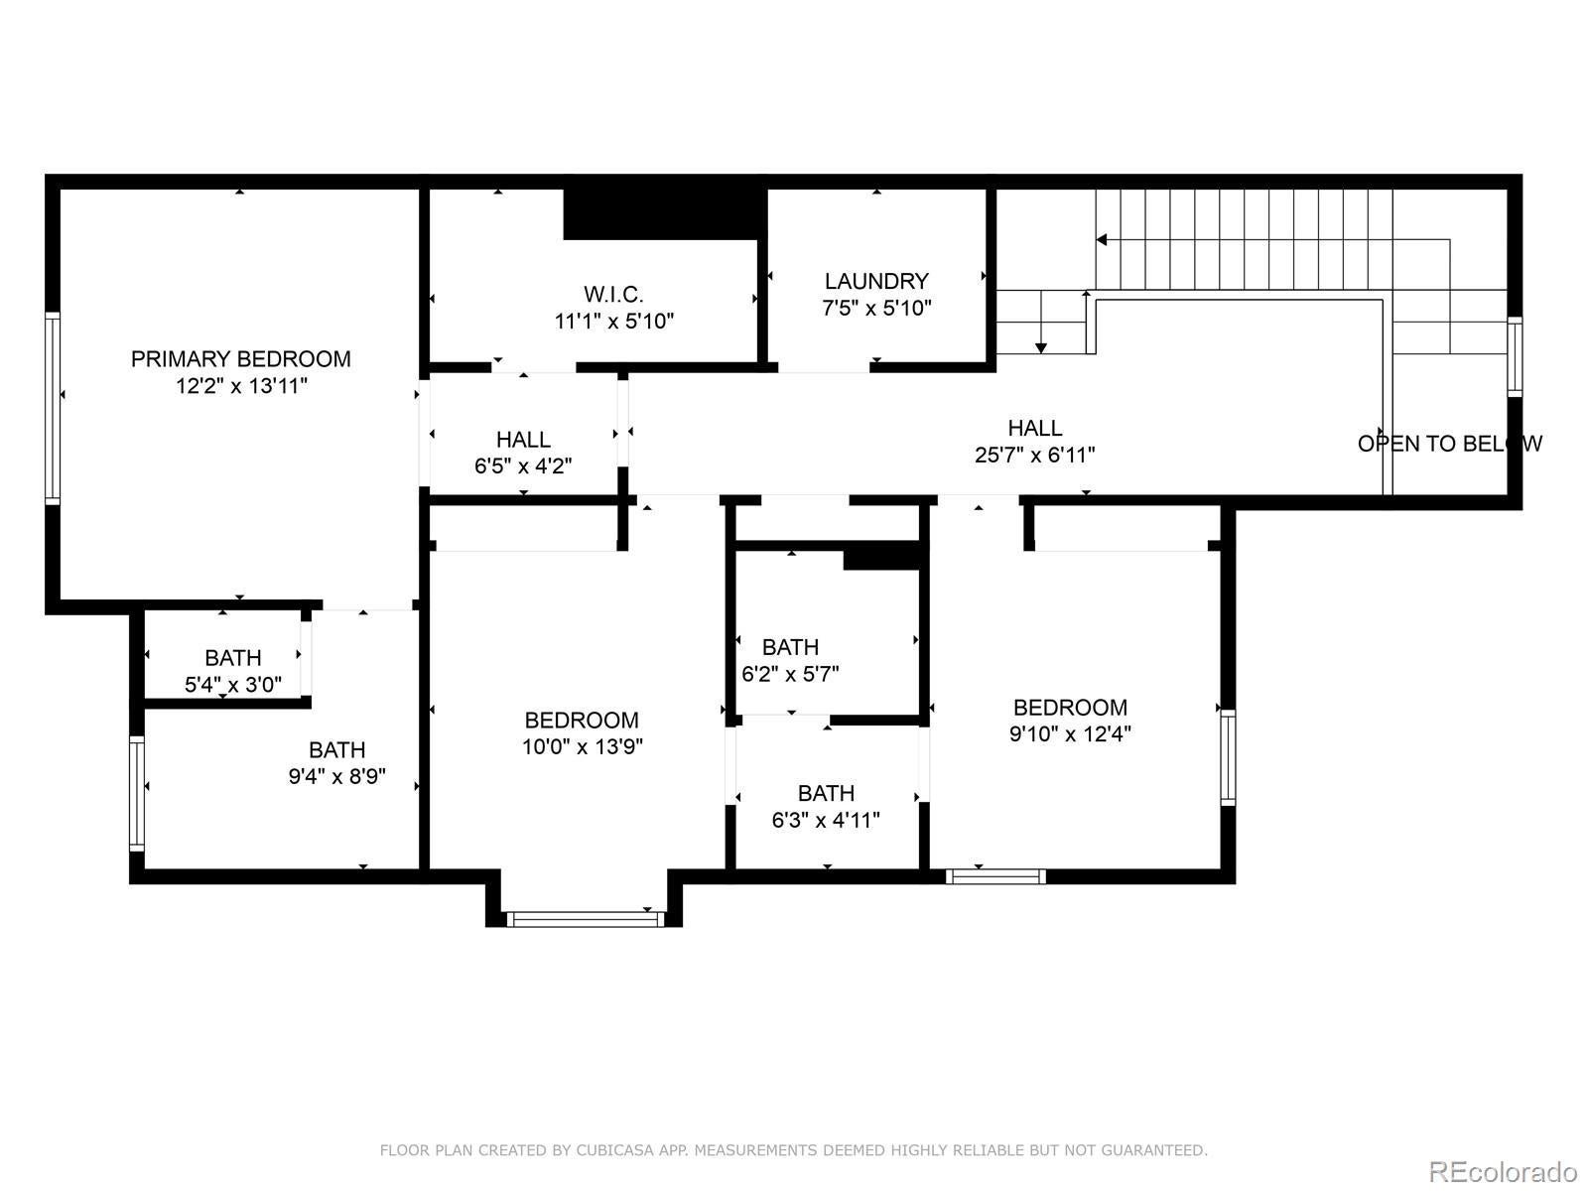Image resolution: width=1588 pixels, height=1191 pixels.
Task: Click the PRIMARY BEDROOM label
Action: click(x=241, y=358)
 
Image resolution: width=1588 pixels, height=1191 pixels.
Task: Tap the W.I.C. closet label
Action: click(x=613, y=295)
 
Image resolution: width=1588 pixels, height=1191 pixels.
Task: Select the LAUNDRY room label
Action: click(x=876, y=281)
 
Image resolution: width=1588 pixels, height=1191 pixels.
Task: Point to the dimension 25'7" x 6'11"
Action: click(x=1034, y=455)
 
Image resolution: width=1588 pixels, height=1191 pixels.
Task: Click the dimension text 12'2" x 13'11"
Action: click(x=241, y=386)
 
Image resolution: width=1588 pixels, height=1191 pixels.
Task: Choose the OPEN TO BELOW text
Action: click(x=1450, y=444)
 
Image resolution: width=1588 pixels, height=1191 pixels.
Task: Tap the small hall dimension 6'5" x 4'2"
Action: click(x=523, y=465)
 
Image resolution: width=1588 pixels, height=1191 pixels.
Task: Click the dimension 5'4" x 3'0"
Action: click(x=233, y=684)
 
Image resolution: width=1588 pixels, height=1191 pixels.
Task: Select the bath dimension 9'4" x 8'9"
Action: click(x=337, y=776)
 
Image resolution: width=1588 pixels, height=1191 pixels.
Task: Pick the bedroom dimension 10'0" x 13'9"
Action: click(x=583, y=746)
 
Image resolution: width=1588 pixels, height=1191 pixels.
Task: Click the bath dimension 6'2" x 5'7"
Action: click(x=790, y=674)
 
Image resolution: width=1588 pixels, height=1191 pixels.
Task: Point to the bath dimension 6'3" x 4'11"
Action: click(x=826, y=820)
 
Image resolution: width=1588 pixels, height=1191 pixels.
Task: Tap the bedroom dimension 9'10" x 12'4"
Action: click(x=1070, y=734)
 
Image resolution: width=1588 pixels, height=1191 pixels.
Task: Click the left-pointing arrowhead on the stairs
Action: click(x=1102, y=239)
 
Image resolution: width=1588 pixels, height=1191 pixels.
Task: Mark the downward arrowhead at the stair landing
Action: click(x=1040, y=347)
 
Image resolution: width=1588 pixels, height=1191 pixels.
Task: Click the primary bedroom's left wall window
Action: click(x=52, y=408)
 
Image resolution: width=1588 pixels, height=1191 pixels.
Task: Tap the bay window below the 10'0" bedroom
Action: click(x=585, y=919)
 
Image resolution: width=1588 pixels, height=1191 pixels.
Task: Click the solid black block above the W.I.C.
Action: click(x=664, y=213)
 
